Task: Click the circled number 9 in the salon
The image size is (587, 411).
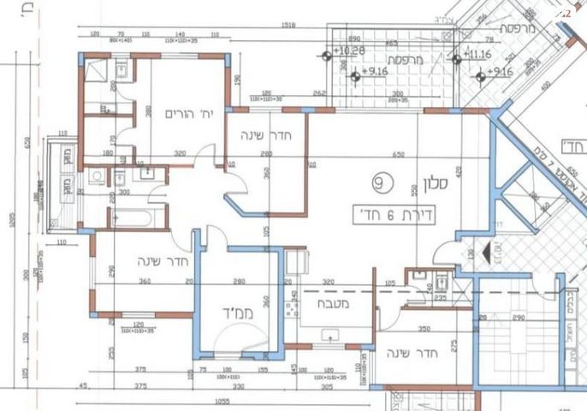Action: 381,182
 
